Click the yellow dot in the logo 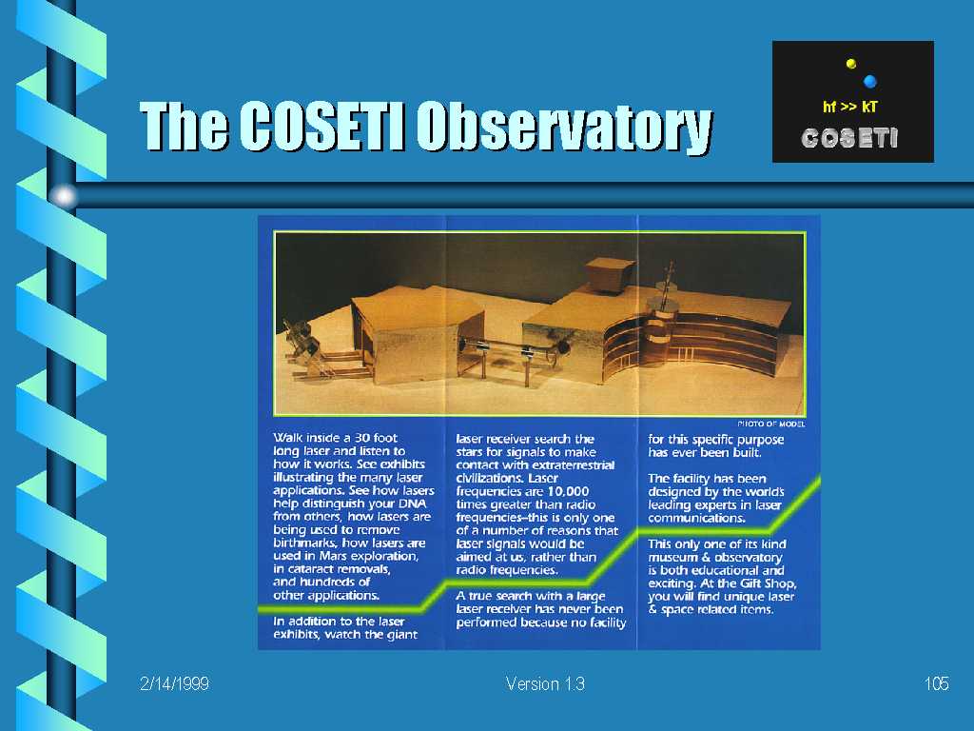(x=851, y=63)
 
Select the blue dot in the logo (x=870, y=81)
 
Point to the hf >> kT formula (x=849, y=107)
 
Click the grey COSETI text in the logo (x=849, y=138)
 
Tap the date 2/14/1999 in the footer (x=174, y=683)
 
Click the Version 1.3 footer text (x=545, y=683)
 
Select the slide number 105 (x=936, y=683)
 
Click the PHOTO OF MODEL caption (x=770, y=424)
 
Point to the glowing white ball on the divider (x=64, y=196)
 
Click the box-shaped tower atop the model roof (x=610, y=274)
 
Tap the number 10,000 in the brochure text (x=568, y=491)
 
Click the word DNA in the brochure (x=412, y=504)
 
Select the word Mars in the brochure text (x=332, y=556)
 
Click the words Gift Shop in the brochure (x=768, y=583)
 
